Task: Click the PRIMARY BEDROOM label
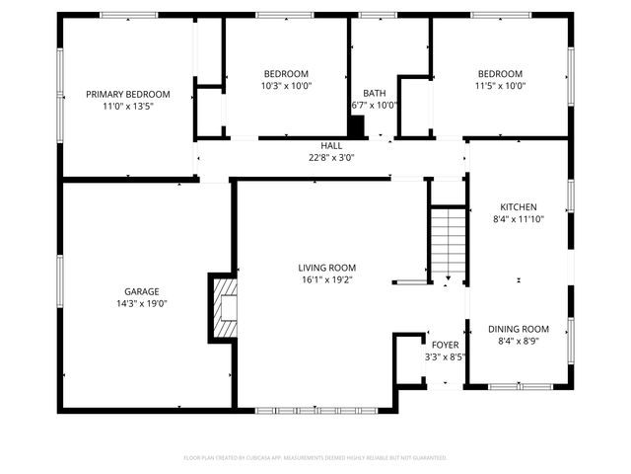[127, 94]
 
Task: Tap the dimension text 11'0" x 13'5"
[127, 106]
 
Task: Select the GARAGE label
[142, 291]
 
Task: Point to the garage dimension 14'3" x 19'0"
[142, 303]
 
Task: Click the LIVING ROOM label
[327, 268]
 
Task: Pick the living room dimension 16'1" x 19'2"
[327, 279]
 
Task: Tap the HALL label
[331, 146]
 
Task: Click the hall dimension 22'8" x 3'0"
[331, 157]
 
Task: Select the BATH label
[374, 93]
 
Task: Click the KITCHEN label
[519, 206]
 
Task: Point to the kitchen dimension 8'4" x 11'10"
[519, 218]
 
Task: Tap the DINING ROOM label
[519, 329]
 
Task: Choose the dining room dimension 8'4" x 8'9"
[519, 341]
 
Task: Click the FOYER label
[444, 345]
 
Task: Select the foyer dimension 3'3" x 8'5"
[444, 356]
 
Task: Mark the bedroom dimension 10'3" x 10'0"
[286, 85]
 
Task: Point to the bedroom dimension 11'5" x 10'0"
[501, 85]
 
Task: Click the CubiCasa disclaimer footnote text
[315, 457]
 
